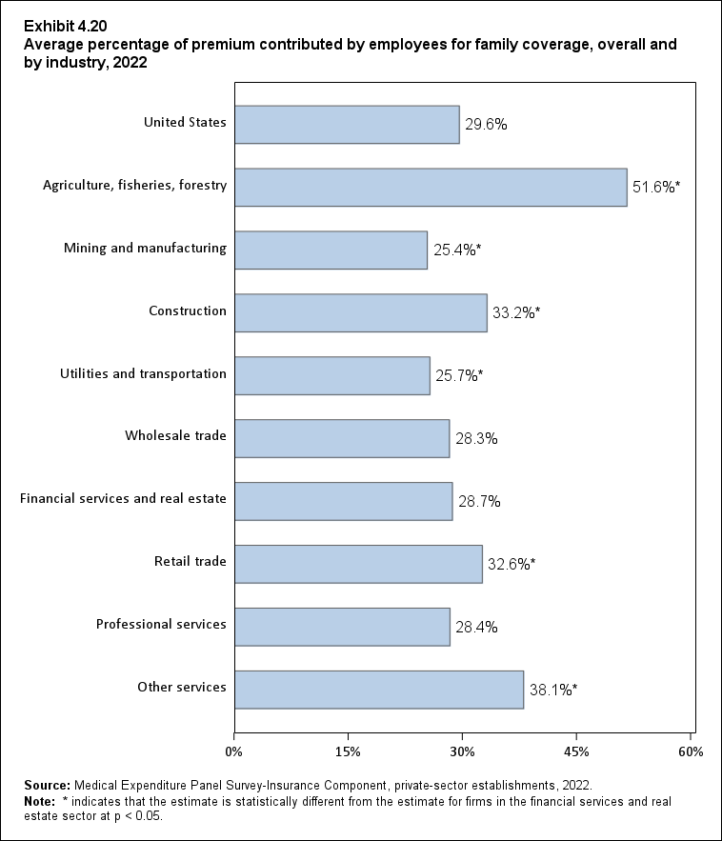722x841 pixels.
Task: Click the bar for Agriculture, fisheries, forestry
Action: pos(431,188)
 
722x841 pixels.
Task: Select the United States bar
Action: pos(347,125)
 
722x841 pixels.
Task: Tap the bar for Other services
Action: pos(379,690)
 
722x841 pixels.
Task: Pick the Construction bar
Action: pos(360,312)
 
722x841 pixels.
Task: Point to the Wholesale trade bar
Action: pos(341,438)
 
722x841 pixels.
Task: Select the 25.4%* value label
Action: pos(456,250)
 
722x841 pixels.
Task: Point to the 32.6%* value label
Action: pos(511,564)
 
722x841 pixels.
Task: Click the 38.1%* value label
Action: pos(553,690)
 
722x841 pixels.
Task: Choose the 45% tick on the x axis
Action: pos(576,752)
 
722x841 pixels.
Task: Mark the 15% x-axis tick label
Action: pos(348,752)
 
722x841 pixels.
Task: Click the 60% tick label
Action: pos(691,752)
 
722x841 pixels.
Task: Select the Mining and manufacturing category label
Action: pos(145,249)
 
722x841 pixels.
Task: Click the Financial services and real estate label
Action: pos(123,499)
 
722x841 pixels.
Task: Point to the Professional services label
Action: pos(161,625)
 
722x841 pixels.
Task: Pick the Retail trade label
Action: pos(190,562)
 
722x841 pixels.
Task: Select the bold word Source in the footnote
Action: pos(48,786)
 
